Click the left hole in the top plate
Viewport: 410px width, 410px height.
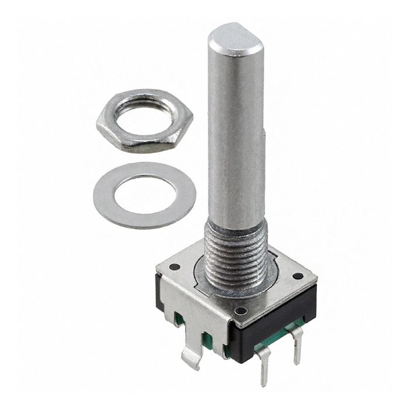click(x=174, y=266)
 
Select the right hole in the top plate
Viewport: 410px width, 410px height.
click(x=298, y=275)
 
